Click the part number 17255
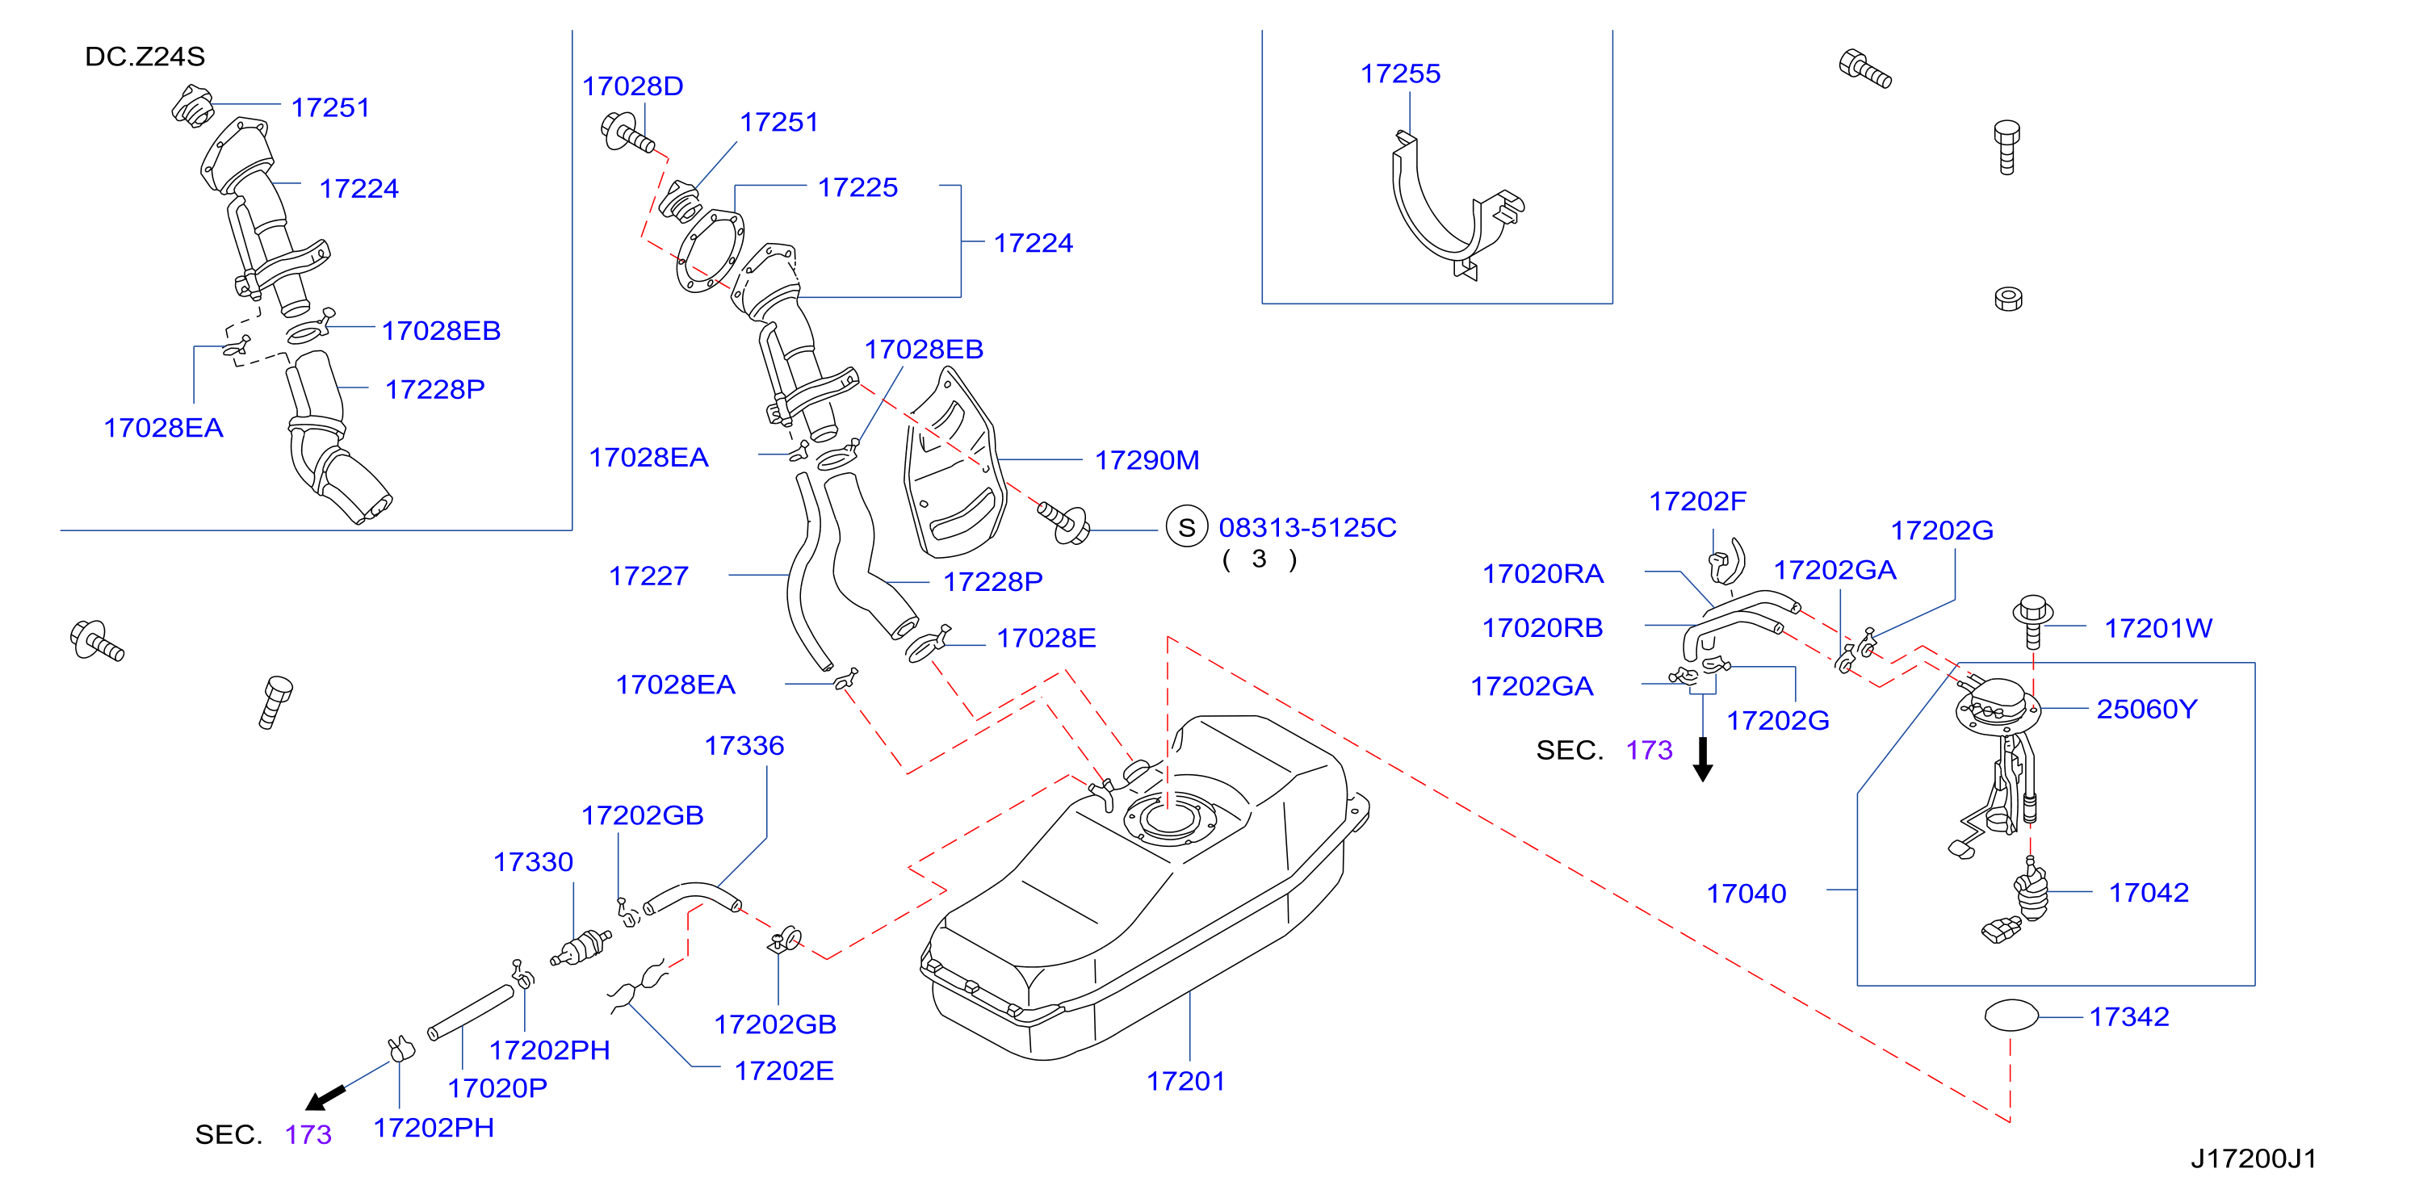point(1400,74)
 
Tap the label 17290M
point(1147,460)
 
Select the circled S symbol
point(1187,528)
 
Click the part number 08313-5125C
point(1307,528)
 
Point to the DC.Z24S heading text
point(145,57)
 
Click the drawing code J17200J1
point(2254,1158)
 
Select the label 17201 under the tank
point(1186,1082)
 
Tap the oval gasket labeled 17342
point(2011,1016)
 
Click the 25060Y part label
point(2147,710)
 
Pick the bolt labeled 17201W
point(2033,622)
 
